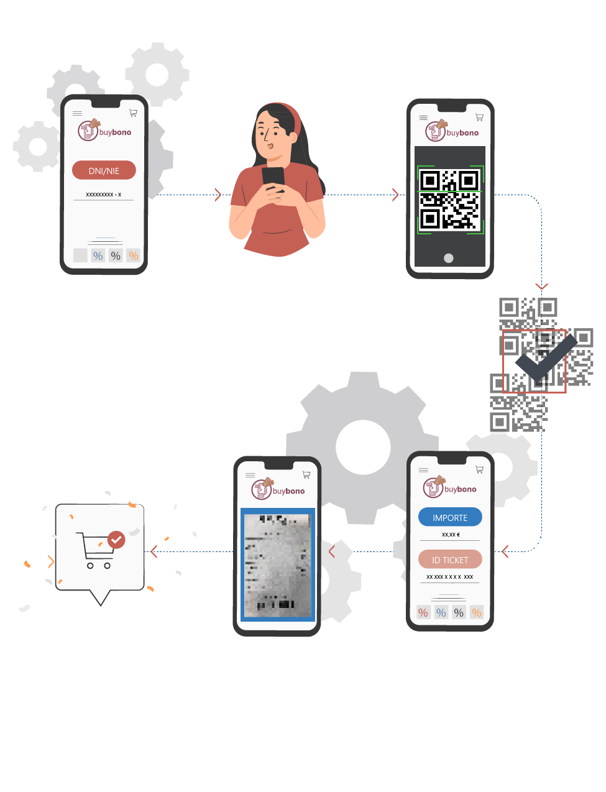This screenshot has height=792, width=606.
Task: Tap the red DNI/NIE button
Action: (x=104, y=170)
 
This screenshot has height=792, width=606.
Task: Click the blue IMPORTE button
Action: (x=450, y=517)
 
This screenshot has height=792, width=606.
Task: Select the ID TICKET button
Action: (x=450, y=559)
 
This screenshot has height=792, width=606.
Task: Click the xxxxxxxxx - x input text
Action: (x=104, y=195)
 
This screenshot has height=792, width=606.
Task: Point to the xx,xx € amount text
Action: (x=451, y=535)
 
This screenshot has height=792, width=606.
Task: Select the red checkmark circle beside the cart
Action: (x=116, y=540)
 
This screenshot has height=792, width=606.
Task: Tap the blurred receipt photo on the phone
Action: (x=277, y=564)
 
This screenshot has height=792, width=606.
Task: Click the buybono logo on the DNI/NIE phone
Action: (x=104, y=131)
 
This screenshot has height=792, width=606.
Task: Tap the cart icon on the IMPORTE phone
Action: (x=479, y=469)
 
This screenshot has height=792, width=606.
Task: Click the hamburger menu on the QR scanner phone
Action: (x=423, y=117)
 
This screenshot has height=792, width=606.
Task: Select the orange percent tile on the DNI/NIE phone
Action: (x=134, y=256)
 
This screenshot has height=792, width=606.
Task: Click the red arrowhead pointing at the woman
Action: (x=218, y=195)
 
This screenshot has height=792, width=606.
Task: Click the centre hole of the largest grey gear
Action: (x=363, y=446)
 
